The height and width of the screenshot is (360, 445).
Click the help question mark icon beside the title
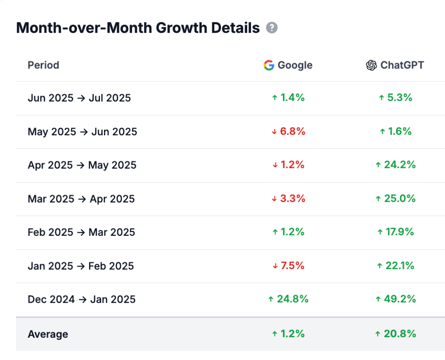click(272, 28)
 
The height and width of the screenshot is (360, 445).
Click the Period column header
click(43, 65)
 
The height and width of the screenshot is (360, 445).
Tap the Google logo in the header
click(269, 65)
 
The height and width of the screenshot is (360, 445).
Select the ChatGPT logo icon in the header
click(371, 65)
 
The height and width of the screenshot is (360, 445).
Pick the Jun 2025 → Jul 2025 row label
click(79, 98)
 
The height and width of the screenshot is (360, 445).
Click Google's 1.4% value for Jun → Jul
click(288, 98)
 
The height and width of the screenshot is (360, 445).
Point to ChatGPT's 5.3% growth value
click(395, 98)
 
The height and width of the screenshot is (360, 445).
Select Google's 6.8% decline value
click(288, 131)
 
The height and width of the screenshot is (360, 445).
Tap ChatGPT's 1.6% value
click(395, 131)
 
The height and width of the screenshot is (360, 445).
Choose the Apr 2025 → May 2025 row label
click(82, 165)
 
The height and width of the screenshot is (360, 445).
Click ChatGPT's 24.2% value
click(395, 165)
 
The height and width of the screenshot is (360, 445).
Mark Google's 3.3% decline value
click(288, 198)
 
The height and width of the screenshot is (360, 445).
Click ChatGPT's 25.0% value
click(395, 198)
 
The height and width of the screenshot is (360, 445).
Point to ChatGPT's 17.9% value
click(395, 232)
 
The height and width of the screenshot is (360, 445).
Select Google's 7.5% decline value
click(288, 266)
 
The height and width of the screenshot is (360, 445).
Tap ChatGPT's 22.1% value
click(395, 266)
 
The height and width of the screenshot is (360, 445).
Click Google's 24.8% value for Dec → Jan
click(288, 299)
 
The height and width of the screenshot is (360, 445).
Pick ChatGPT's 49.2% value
click(395, 299)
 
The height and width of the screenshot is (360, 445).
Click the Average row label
click(48, 334)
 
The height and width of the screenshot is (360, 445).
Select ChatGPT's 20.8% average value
click(395, 334)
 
